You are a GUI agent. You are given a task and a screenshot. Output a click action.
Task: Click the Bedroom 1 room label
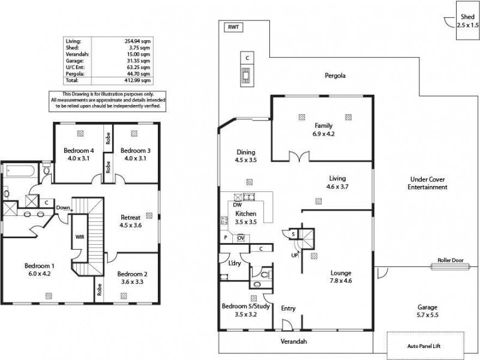40,266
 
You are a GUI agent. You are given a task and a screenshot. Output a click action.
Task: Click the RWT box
231,27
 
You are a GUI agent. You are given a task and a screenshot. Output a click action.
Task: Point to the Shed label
467,18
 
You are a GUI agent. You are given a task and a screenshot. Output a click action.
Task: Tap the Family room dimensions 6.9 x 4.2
323,134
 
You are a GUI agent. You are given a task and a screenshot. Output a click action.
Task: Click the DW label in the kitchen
237,205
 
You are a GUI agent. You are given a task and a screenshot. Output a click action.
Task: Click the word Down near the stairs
64,208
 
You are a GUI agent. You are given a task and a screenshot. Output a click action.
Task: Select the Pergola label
335,76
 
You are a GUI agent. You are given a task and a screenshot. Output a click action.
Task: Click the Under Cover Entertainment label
428,183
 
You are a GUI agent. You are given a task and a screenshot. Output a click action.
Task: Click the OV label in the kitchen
240,238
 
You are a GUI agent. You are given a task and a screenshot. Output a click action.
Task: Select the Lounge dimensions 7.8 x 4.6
340,280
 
